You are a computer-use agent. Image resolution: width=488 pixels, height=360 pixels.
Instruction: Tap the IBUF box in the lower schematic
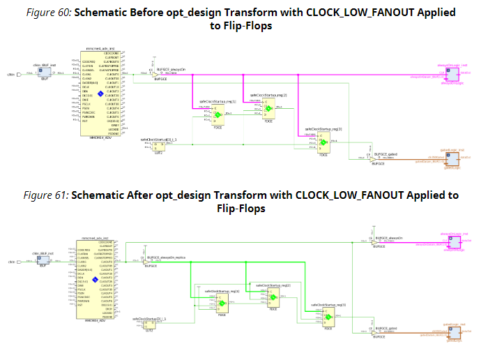[41, 261]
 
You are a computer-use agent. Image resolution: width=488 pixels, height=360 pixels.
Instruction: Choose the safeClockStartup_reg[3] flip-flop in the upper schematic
[323, 142]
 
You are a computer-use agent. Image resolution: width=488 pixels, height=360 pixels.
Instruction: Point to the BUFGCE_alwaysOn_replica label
[162, 256]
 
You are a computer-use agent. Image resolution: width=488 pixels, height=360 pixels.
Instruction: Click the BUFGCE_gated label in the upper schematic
[385, 153]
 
